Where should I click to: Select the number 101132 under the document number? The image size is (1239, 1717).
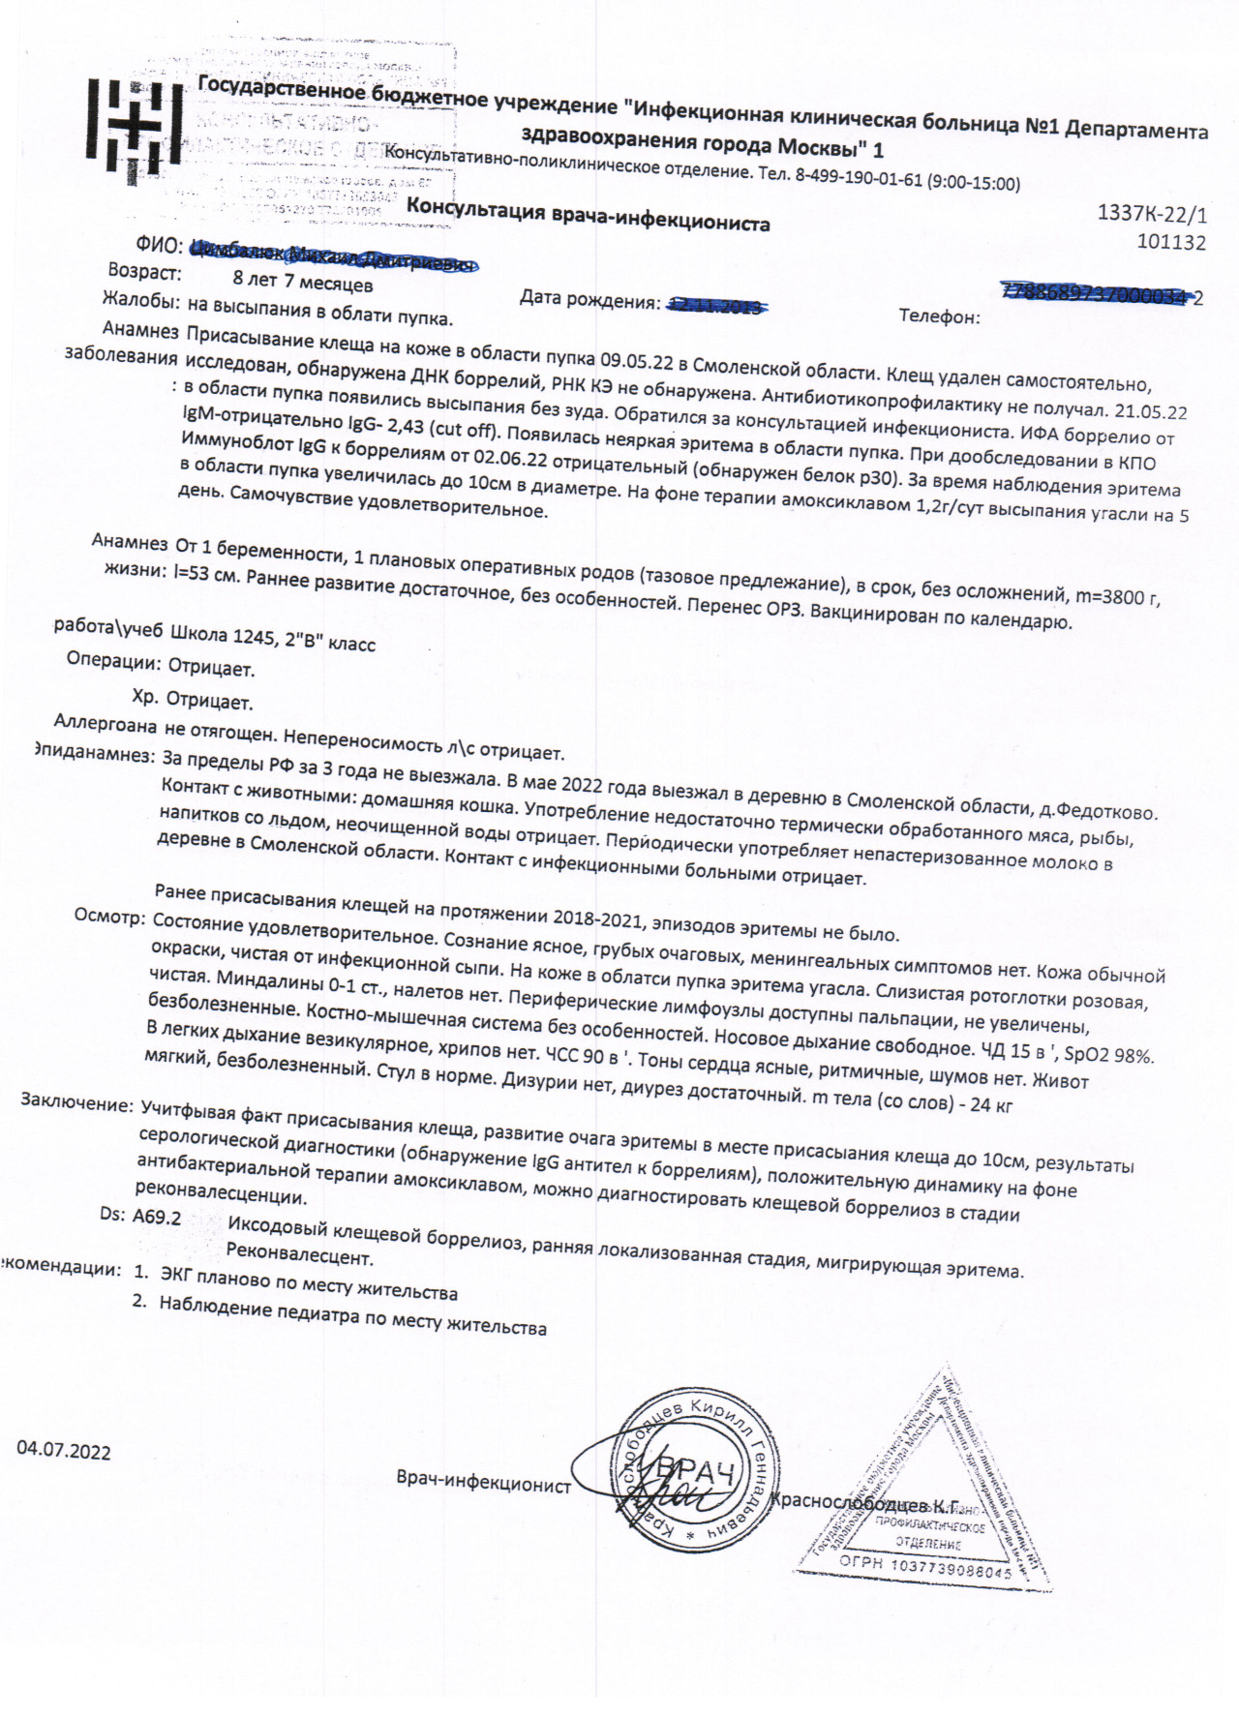click(x=1171, y=242)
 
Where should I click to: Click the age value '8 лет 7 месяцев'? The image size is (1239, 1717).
click(x=303, y=284)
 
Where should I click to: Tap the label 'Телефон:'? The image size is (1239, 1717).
click(x=939, y=316)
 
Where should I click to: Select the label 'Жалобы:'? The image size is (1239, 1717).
click(x=140, y=301)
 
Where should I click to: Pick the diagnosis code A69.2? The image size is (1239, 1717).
click(x=156, y=1217)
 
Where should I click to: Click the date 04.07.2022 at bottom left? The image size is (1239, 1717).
click(x=63, y=1452)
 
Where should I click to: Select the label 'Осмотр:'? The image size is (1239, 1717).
click(x=109, y=919)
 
